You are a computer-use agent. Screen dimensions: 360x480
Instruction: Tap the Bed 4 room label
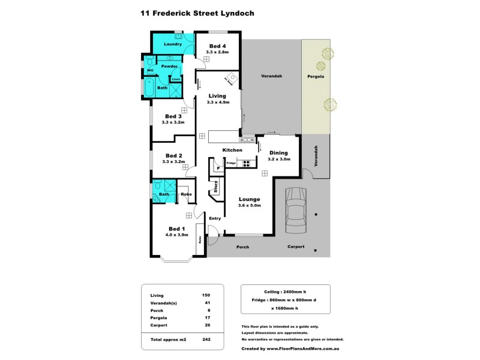(x=217, y=46)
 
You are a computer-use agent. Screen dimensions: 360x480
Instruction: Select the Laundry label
(x=173, y=44)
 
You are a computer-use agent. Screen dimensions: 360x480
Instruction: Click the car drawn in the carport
(x=296, y=211)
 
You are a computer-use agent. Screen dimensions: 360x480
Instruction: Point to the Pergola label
(x=316, y=77)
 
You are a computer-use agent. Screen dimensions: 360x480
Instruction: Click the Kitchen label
(x=232, y=150)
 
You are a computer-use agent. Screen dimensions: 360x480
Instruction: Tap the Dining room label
(x=278, y=152)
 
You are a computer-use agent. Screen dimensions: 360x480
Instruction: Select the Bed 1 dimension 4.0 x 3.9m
(x=176, y=235)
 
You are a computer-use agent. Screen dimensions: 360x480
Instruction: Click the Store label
(x=215, y=186)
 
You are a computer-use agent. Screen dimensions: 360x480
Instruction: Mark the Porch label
(x=242, y=247)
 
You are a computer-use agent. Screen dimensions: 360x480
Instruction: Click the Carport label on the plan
(x=296, y=247)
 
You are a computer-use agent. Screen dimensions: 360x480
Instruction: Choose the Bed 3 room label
(x=173, y=116)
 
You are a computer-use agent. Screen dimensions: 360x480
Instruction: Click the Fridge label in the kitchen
(x=230, y=163)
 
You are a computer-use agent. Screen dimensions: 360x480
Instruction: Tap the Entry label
(x=215, y=218)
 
